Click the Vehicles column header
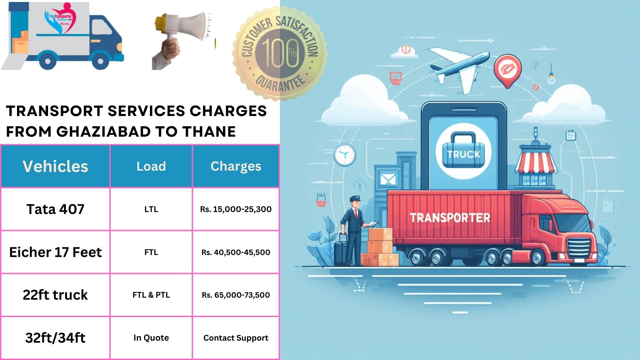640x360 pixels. point(55,166)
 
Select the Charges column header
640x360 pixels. point(236,166)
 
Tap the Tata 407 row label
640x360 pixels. point(55,209)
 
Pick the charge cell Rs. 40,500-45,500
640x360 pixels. point(236,252)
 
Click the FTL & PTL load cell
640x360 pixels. point(151,295)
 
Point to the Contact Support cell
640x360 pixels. point(236,338)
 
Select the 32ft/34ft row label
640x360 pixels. point(55,338)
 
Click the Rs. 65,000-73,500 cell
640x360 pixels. point(236,295)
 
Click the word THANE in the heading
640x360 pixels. point(209,132)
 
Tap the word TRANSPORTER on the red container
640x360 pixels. point(450,218)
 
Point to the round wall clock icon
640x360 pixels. point(345,155)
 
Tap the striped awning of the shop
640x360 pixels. point(536,163)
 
